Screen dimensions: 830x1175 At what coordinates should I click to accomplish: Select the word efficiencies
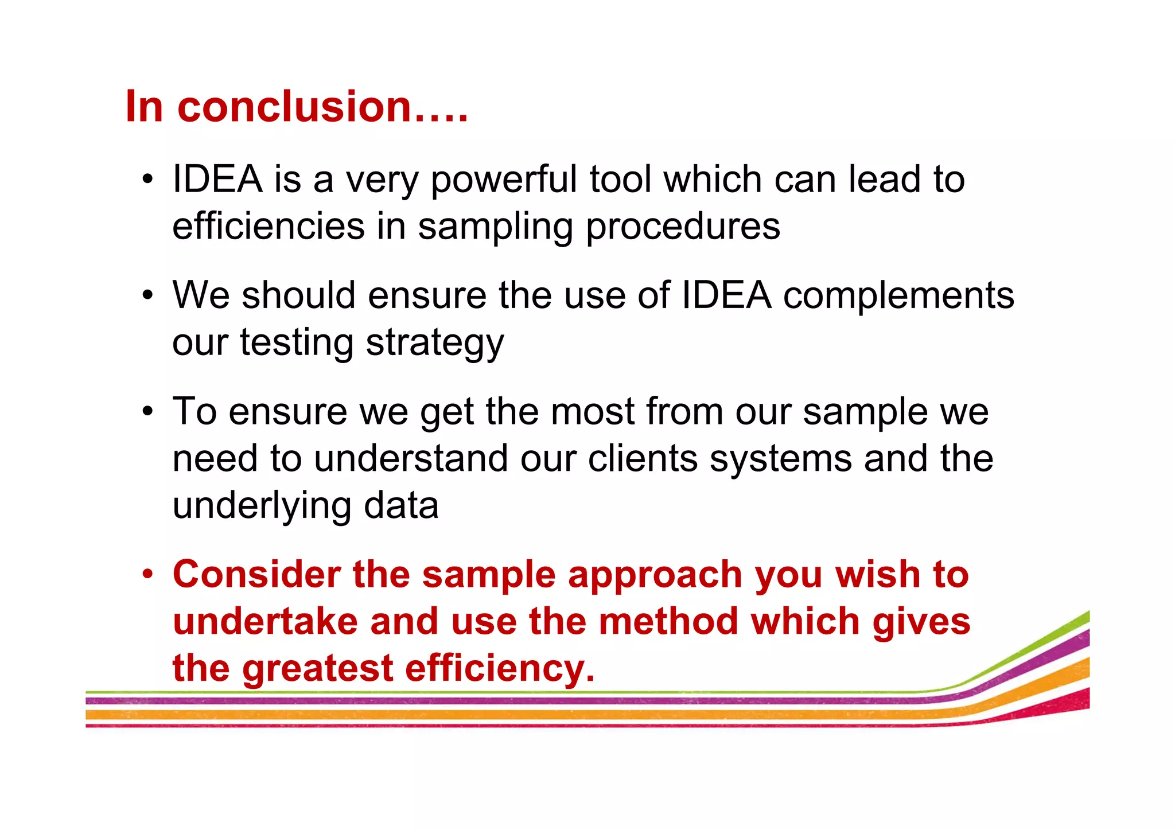point(269,226)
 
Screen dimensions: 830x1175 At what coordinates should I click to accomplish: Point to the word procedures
point(683,227)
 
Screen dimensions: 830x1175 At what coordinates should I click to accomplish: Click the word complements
point(898,296)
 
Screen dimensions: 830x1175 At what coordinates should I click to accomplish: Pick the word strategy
point(435,344)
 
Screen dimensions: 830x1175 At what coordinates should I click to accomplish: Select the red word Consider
point(257,574)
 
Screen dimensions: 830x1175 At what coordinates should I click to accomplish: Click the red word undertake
point(265,622)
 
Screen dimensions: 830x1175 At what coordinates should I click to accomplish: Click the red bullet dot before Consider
point(148,574)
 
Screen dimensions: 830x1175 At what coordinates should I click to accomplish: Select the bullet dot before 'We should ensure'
point(148,296)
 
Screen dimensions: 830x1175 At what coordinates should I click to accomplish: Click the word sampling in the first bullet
point(496,227)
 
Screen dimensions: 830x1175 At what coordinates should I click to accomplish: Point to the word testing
point(297,344)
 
